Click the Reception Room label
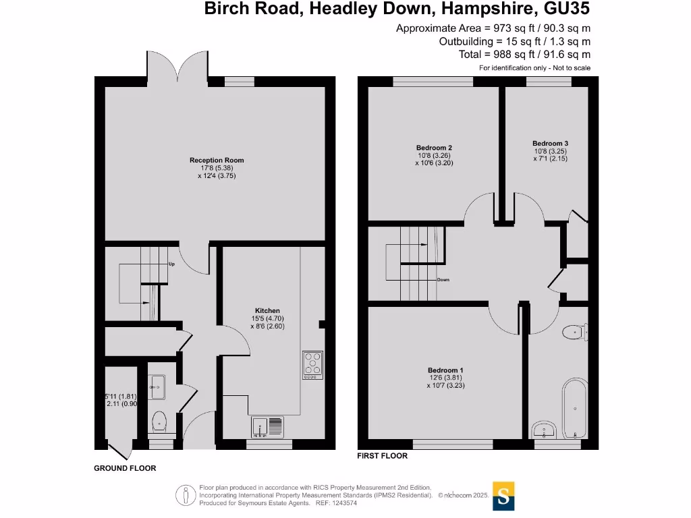coord(217,161)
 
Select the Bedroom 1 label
coord(445,370)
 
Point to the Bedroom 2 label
coord(434,148)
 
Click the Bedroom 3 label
coord(550,143)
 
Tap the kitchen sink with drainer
coord(269,426)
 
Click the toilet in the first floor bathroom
coord(575,331)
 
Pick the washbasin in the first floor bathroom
coord(543,430)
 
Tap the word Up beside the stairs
coord(171,264)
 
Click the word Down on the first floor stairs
coord(443,280)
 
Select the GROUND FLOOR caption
coord(125,468)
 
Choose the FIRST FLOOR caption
coord(382,456)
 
